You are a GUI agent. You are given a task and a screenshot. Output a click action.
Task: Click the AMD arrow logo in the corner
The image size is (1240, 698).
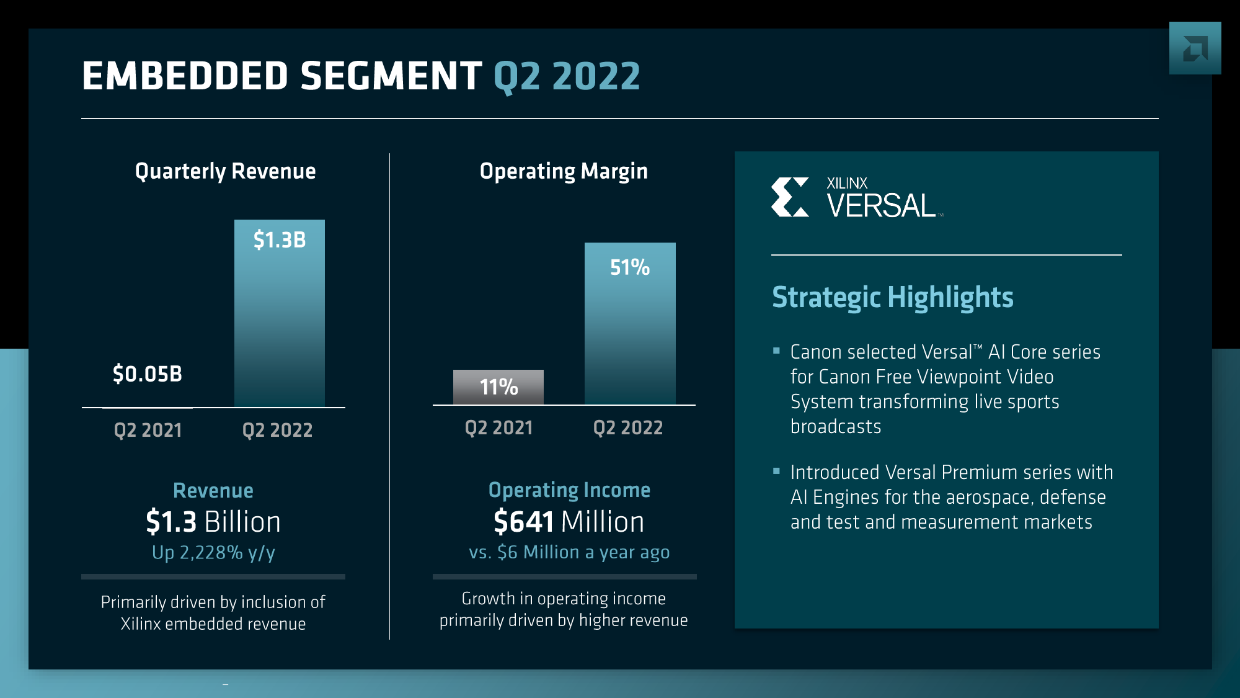[1195, 48]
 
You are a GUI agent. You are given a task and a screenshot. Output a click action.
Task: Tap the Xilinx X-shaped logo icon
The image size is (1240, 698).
[790, 197]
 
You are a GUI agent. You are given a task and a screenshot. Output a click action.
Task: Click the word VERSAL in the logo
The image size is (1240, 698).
[881, 206]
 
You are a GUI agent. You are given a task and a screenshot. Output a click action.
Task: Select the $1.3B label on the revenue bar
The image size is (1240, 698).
[280, 239]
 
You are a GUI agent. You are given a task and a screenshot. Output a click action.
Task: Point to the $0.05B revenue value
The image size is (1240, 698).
[148, 374]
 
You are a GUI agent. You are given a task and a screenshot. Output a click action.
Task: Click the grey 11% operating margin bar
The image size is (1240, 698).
[498, 387]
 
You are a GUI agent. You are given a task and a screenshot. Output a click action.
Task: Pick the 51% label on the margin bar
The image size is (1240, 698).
[630, 267]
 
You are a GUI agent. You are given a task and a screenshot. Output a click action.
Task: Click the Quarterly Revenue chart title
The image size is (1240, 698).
[225, 171]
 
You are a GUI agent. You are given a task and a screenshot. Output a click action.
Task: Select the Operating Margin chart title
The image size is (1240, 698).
[564, 171]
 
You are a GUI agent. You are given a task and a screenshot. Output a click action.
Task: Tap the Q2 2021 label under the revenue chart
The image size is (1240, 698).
[148, 430]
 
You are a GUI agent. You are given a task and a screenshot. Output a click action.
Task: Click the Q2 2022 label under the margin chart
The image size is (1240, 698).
[628, 427]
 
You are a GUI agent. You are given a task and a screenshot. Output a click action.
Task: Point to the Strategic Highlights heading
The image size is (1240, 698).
[892, 297]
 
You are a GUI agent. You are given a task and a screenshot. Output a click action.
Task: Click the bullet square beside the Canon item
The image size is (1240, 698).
[776, 351]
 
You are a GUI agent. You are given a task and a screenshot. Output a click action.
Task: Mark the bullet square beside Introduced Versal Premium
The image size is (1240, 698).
[776, 472]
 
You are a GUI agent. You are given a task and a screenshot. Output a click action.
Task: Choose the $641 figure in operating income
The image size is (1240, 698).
[524, 522]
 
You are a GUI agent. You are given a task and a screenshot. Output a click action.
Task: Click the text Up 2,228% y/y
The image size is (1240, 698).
[213, 552]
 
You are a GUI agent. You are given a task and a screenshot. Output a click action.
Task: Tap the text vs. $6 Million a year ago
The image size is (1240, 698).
[569, 552]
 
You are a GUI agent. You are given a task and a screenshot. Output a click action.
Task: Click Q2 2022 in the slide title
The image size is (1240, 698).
[567, 76]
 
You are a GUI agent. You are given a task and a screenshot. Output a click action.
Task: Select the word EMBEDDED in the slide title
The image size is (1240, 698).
[185, 76]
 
